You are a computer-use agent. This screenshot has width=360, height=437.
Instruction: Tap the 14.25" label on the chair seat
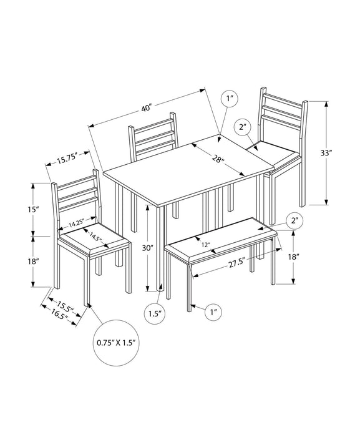click(77, 223)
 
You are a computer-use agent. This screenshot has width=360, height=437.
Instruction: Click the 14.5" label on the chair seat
click(95, 237)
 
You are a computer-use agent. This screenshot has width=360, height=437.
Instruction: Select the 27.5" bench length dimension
click(236, 264)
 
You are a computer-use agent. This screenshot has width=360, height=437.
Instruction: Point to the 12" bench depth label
click(205, 245)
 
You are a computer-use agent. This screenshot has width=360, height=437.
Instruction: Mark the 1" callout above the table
click(230, 99)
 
